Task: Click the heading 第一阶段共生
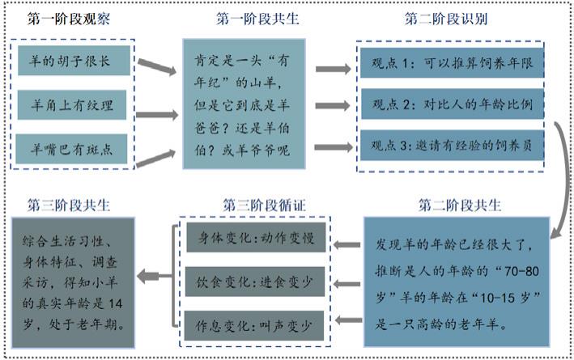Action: [x=257, y=17]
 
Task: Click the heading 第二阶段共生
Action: [x=460, y=203]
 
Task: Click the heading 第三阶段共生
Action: [x=68, y=203]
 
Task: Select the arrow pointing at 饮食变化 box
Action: [x=347, y=284]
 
